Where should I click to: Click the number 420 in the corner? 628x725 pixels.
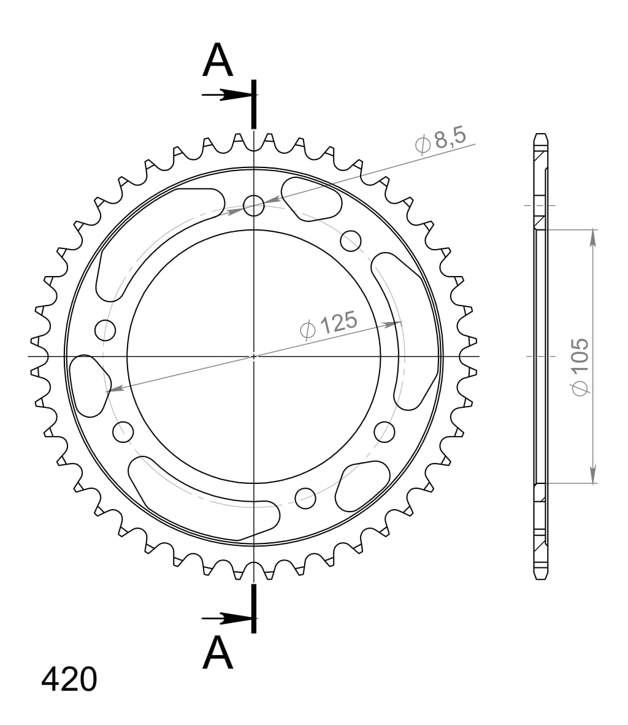(x=69, y=679)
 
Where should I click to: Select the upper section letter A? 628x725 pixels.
(x=218, y=61)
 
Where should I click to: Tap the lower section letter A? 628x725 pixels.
(x=218, y=653)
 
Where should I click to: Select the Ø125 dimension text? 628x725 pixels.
(x=328, y=324)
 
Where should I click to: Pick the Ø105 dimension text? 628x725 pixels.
(x=580, y=366)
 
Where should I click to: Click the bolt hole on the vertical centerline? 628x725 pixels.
(x=253, y=205)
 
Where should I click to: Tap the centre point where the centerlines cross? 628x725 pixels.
(x=253, y=356)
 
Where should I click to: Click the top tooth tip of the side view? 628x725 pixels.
(x=540, y=136)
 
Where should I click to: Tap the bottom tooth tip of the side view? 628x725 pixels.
(x=540, y=577)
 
